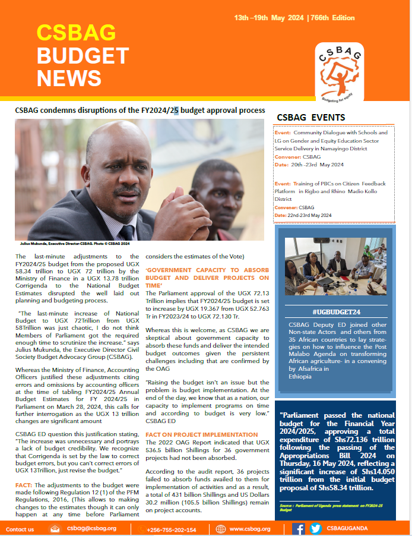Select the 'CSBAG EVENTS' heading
coord(311,118)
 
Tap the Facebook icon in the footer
coord(299,528)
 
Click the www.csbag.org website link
coord(250,528)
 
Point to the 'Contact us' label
coord(20,529)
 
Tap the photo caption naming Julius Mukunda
coord(73,244)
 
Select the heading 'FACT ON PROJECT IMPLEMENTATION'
coord(193,434)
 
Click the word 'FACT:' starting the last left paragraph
coord(25,485)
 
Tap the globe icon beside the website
coord(221,528)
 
